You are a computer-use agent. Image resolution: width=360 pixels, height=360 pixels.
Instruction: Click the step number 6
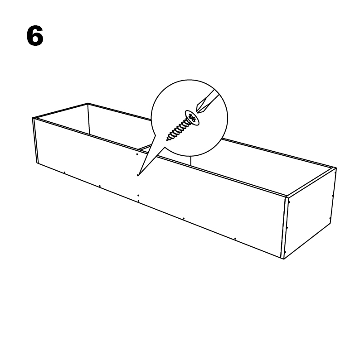pyautogui.click(x=35, y=36)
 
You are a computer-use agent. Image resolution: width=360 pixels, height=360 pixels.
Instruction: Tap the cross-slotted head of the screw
pyautogui.click(x=192, y=118)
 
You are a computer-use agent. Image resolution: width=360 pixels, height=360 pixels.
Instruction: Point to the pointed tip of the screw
pyautogui.click(x=167, y=139)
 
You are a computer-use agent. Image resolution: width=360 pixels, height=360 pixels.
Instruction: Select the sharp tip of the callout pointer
pyautogui.click(x=138, y=175)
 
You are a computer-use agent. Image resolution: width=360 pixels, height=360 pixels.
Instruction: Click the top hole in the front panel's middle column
pyautogui.click(x=137, y=154)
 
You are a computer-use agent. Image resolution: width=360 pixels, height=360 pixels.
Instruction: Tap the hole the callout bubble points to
pyautogui.click(x=138, y=175)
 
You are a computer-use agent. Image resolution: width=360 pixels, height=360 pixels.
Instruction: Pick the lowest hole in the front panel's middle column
pyautogui.click(x=138, y=201)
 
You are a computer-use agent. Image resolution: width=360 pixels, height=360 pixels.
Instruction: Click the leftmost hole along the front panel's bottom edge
pyautogui.click(x=64, y=172)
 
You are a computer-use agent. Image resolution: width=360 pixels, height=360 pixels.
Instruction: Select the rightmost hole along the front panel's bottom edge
pyautogui.click(x=235, y=239)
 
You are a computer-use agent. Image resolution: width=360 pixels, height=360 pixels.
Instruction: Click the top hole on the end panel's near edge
pyautogui.click(x=289, y=202)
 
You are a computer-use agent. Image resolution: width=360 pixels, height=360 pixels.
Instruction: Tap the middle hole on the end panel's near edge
pyautogui.click(x=287, y=228)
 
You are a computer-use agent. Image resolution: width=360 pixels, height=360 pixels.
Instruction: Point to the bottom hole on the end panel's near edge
pyautogui.click(x=285, y=252)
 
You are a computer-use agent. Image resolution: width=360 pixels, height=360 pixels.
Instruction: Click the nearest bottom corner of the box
pyautogui.click(x=284, y=259)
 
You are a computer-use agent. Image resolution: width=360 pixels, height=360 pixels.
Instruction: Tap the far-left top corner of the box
pyautogui.click(x=88, y=103)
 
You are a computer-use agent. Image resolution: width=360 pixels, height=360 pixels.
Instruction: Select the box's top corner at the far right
pyautogui.click(x=336, y=168)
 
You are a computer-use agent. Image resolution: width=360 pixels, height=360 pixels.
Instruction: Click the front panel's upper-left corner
pyautogui.click(x=32, y=118)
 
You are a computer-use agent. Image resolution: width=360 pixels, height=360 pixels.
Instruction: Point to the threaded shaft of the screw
pyautogui.click(x=177, y=131)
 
